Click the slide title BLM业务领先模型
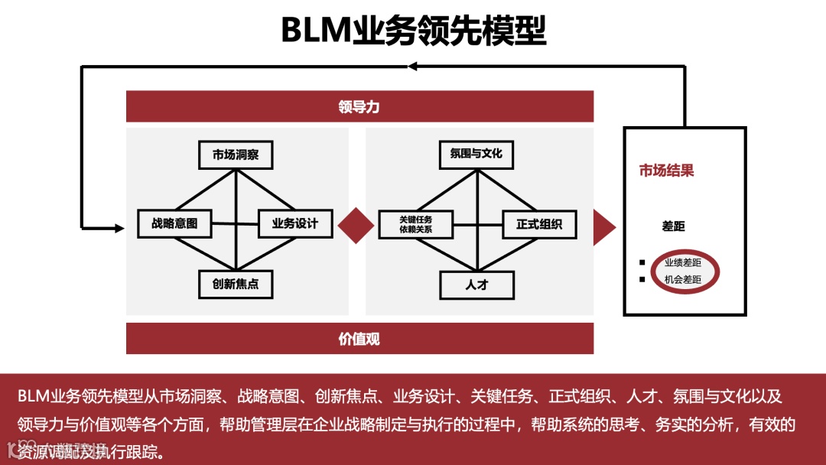tap(413, 31)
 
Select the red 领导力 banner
tap(359, 106)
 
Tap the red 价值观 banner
tap(359, 338)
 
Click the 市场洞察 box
tap(236, 154)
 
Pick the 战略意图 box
tap(174, 223)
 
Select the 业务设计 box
tap(295, 223)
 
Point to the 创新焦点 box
tap(236, 285)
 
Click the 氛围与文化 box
tap(476, 154)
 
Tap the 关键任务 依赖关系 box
tap(415, 224)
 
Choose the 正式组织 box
tap(539, 224)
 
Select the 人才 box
tap(476, 285)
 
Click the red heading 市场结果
tap(666, 171)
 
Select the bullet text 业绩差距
tap(682, 262)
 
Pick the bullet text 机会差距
tap(682, 280)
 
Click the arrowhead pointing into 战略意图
tap(118, 228)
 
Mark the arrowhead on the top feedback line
tap(412, 67)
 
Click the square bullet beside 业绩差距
tap(642, 262)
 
